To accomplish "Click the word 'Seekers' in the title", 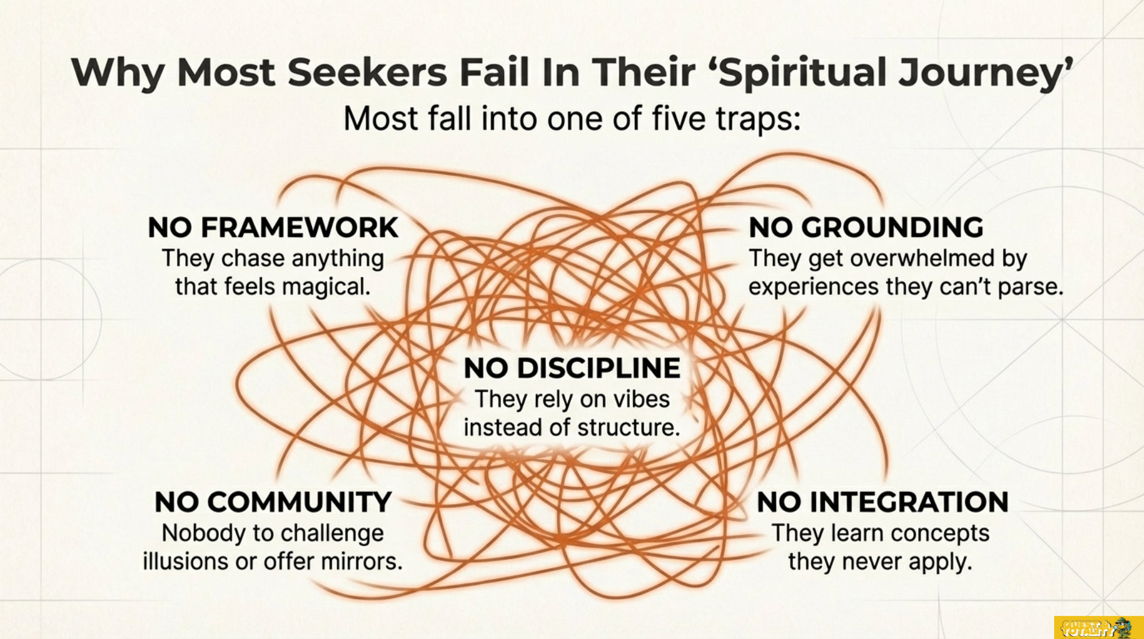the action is (367, 72).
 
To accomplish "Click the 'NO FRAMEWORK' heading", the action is (273, 228).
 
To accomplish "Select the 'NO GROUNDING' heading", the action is (866, 228).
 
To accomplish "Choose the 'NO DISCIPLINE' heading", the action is (572, 368).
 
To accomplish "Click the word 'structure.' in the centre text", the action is (629, 427).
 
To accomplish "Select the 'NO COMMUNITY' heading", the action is (273, 502).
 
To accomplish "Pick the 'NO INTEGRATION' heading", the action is (883, 502).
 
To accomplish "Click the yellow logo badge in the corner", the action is (1098, 627).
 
